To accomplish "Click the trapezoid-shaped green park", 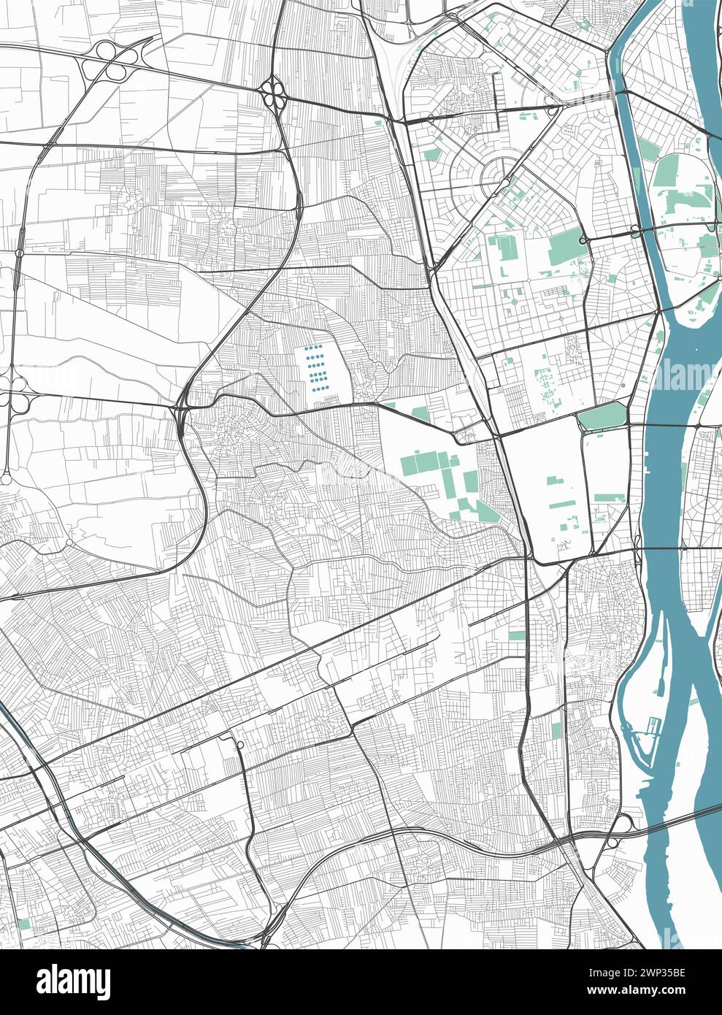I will point(603,417).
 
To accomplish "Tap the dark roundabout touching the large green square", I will point(583,240).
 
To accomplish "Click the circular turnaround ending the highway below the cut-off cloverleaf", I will point(6,480).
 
